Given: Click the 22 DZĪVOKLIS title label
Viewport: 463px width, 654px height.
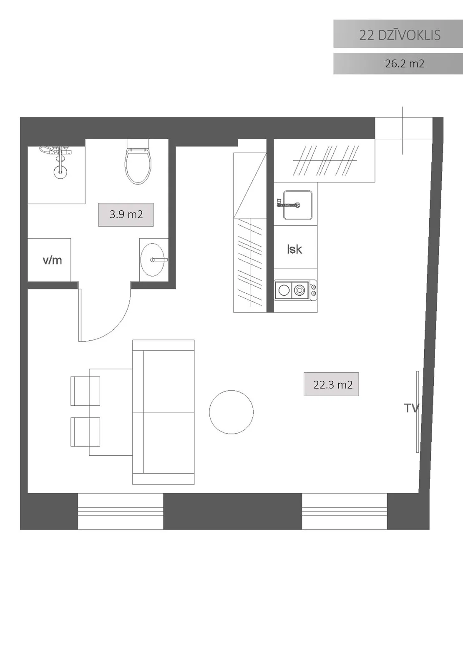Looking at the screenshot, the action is [x=400, y=35].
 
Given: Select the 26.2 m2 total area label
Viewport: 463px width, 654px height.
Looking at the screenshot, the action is [x=404, y=63].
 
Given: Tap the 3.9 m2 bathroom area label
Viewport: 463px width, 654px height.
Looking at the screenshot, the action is [x=126, y=215].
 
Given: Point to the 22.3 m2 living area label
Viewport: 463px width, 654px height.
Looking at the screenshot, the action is [x=332, y=385].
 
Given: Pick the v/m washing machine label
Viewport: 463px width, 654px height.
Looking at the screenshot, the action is [x=52, y=260].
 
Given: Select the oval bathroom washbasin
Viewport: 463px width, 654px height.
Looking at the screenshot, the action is [x=152, y=260].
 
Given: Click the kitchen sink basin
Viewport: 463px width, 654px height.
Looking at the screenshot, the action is [x=297, y=205].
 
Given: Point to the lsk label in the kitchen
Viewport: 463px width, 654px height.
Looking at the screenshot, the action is [x=294, y=249].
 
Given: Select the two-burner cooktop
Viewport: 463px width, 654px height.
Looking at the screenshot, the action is [x=295, y=290].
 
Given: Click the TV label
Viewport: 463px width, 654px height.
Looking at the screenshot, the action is [x=412, y=408].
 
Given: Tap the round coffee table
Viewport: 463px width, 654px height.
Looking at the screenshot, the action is [x=231, y=412].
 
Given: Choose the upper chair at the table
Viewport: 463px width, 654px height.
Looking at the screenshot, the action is [x=86, y=391].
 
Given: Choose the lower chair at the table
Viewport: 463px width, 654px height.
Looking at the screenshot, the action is [x=86, y=432].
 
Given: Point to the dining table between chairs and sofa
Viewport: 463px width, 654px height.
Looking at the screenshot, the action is [x=111, y=412].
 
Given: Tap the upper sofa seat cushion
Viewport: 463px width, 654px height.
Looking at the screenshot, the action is [x=169, y=381].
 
